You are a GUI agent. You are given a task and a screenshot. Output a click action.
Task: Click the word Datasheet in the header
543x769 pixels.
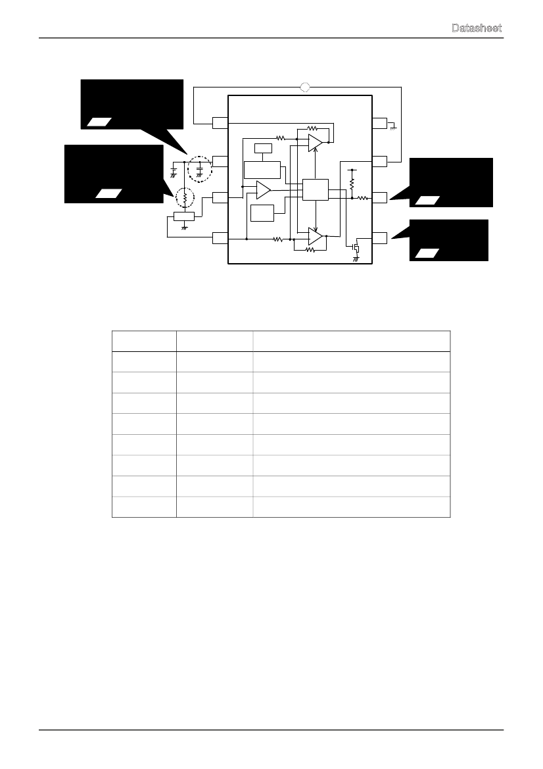click(x=477, y=28)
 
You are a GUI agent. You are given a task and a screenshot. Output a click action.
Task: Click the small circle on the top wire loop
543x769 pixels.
click(x=305, y=87)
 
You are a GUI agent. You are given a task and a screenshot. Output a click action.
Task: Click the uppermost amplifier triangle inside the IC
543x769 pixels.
click(x=315, y=142)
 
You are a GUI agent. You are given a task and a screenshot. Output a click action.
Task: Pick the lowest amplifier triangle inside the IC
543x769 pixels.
click(x=315, y=236)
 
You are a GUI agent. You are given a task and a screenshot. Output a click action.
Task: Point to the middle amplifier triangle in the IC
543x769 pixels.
click(x=264, y=190)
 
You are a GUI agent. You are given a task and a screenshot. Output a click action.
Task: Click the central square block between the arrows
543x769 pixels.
click(x=315, y=190)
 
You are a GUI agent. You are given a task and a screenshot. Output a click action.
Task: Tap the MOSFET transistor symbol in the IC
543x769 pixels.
click(x=356, y=247)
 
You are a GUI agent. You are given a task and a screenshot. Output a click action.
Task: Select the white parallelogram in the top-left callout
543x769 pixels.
click(x=99, y=122)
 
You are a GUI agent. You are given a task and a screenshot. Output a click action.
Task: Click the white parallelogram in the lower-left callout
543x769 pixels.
click(x=108, y=193)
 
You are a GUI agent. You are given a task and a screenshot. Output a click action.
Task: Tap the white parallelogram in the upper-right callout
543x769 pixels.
click(x=427, y=200)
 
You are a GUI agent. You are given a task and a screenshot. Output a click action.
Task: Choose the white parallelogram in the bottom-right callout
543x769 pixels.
click(x=427, y=253)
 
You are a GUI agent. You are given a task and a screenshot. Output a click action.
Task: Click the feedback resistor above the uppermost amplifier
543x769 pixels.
click(x=312, y=128)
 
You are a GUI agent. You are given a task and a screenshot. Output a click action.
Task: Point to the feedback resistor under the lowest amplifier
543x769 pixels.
click(x=310, y=249)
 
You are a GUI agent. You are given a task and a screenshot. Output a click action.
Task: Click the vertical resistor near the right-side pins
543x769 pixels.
click(x=352, y=184)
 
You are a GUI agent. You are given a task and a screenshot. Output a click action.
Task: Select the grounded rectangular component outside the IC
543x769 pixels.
click(x=184, y=216)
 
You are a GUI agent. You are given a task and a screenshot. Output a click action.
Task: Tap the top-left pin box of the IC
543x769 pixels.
click(x=220, y=122)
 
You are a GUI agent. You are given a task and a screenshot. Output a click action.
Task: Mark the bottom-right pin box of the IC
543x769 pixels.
click(x=380, y=238)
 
